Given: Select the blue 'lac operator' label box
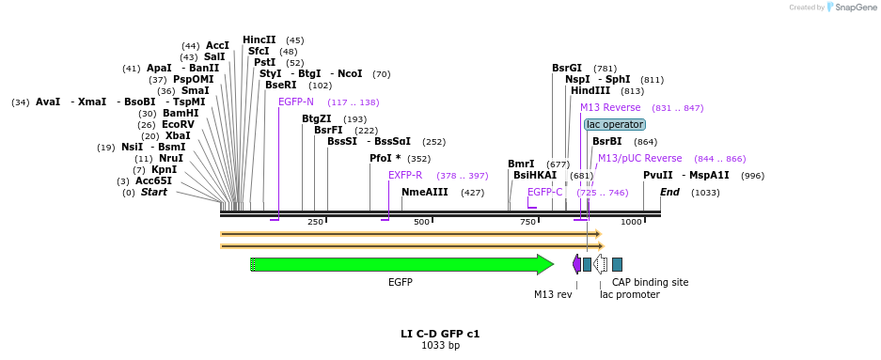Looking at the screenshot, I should coord(614,124).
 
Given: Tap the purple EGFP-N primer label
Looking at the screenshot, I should coord(296,102).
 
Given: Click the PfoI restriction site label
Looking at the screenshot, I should coord(385,159).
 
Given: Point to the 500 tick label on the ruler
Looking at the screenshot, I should coord(421,222).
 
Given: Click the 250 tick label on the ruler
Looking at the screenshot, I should coord(315,222).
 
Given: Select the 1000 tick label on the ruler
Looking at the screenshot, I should coord(631,222).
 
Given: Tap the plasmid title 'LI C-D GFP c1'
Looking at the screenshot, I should coord(440,334).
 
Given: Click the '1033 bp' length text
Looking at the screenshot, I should coord(440,346).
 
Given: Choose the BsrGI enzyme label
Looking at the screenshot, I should coord(567,68).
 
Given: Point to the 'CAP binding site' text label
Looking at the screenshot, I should coord(650,282).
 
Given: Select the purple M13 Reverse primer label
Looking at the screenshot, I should coord(610,108).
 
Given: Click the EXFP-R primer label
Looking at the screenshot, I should coord(405,176).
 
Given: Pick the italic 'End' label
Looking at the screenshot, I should coord(669,193).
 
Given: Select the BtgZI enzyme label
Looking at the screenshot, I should coord(317,119).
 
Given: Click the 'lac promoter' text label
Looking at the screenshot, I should coord(629,295).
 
